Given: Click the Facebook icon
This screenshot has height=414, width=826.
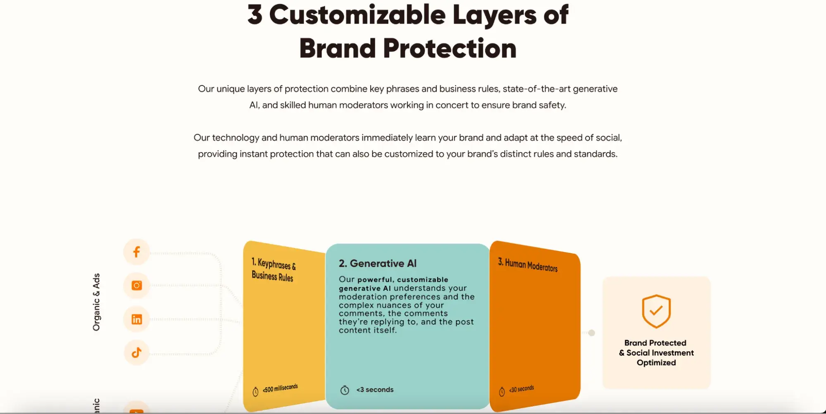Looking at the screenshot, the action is tap(136, 252).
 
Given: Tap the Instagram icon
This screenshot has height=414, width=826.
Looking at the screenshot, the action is tap(137, 286).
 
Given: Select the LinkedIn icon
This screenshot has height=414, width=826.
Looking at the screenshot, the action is tap(137, 319).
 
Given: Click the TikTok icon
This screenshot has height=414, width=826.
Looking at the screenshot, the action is tap(137, 352).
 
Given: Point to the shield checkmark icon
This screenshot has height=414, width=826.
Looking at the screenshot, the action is tap(656, 311).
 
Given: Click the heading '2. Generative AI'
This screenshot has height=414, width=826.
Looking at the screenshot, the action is tap(378, 263).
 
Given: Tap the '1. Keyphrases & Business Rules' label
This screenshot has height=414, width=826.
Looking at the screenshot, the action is tap(274, 270).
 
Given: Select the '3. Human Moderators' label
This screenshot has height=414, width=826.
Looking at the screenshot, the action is tap(528, 265).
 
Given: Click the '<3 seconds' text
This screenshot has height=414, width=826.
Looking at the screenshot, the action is tap(375, 390).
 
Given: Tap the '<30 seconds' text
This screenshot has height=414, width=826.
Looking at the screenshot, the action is tap(521, 389).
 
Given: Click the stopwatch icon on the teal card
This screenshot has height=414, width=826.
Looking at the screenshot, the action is tap(345, 390).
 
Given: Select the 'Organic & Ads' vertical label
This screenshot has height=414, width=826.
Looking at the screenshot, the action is tap(96, 302).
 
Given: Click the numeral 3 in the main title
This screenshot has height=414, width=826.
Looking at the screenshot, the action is tap(255, 14).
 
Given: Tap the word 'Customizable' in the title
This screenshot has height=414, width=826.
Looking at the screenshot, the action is tap(357, 14).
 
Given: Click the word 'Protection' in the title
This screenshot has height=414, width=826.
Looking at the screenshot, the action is tap(450, 48).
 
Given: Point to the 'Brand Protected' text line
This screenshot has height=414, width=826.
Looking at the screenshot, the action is tap(655, 343).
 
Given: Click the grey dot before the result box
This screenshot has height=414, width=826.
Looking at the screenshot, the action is tap(592, 333).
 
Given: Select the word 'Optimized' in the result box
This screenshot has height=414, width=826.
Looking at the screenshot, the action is tap(656, 363).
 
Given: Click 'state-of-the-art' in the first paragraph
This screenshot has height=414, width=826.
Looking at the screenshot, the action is tap(536, 89).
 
